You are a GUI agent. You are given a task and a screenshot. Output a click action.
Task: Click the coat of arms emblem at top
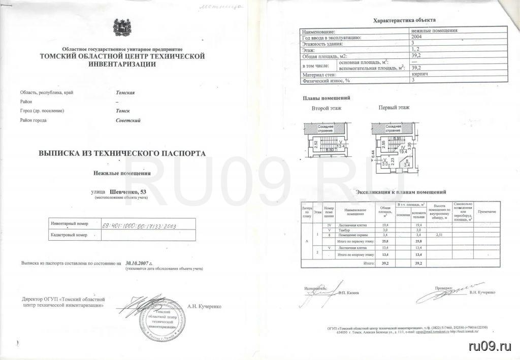click(x=122, y=26)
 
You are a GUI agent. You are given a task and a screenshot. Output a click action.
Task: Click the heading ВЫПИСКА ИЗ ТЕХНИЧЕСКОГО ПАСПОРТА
click(x=122, y=152)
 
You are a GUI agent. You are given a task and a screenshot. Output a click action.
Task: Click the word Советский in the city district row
click(x=128, y=120)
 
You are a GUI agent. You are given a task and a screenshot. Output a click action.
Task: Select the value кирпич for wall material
click(x=420, y=74)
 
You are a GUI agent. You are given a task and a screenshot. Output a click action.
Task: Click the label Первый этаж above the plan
click(x=395, y=108)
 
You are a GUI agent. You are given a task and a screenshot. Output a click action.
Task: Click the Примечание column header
click(x=486, y=211)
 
